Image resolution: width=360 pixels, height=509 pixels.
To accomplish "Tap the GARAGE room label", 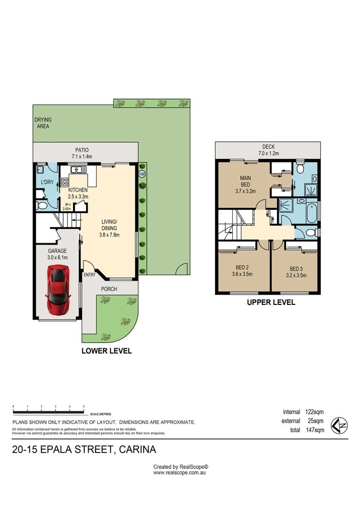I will [x=57, y=251].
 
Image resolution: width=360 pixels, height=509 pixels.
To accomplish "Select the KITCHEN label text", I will [x=78, y=190].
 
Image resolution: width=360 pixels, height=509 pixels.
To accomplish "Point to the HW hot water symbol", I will [x=141, y=174].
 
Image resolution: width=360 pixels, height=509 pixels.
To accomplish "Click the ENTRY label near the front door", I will [x=90, y=275].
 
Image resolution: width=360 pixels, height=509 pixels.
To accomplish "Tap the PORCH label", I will [x=109, y=289].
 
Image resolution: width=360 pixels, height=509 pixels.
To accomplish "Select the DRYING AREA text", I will [x=43, y=123].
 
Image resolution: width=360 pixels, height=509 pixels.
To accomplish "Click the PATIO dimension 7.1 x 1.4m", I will [x=81, y=156].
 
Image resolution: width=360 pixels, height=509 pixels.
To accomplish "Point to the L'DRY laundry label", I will [x=47, y=182].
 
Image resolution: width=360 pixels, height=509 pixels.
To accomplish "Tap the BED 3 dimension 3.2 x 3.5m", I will [x=296, y=275].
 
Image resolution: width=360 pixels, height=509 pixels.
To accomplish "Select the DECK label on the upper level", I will [x=269, y=147].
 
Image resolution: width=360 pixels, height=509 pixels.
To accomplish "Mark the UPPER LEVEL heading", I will [x=271, y=303].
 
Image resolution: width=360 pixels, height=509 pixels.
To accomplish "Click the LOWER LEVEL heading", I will [x=106, y=351].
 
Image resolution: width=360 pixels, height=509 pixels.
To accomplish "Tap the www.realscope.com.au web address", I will [x=180, y=472].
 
